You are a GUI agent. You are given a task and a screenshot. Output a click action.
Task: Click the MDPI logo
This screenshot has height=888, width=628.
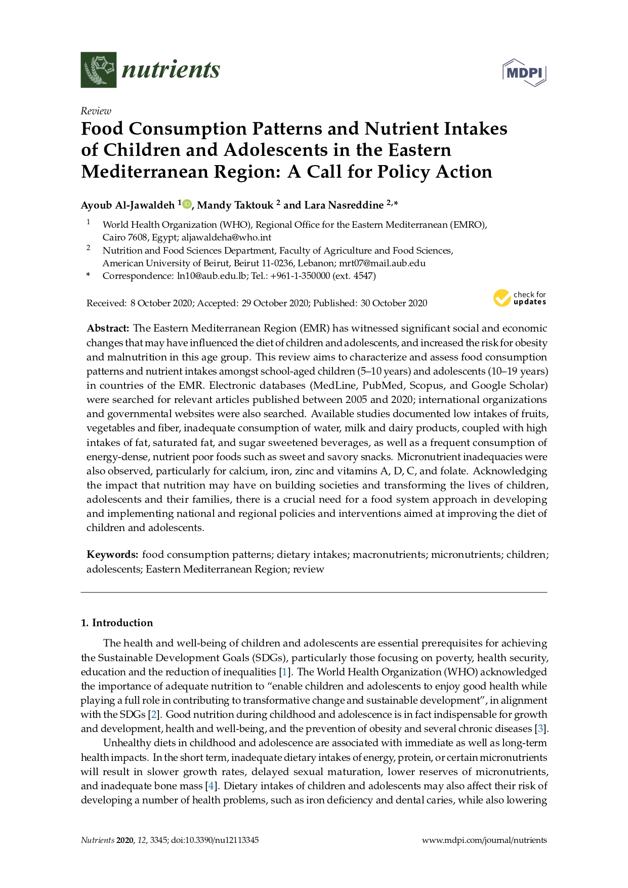524,72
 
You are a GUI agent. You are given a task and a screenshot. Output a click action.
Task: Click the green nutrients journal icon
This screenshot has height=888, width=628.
99,70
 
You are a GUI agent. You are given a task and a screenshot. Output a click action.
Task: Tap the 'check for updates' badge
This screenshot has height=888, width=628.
520,298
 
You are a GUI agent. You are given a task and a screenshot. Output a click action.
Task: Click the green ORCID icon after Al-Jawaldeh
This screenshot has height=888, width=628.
187,204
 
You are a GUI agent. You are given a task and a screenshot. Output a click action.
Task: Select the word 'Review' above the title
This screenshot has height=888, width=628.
96,111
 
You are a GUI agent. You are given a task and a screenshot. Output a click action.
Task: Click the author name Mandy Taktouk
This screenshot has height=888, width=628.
235,205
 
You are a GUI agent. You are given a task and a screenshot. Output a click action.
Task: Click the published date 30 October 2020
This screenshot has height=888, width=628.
394,303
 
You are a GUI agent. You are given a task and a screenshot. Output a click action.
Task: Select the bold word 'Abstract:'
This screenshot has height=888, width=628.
108,329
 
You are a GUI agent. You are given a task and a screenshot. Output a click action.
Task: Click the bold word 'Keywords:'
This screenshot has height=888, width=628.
112,555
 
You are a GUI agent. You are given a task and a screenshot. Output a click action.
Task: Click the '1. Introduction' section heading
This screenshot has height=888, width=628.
117,623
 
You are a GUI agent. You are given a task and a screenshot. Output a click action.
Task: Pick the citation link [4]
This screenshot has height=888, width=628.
211,786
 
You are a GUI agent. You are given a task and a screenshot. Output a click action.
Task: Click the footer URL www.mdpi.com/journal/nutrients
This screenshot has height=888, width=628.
484,840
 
